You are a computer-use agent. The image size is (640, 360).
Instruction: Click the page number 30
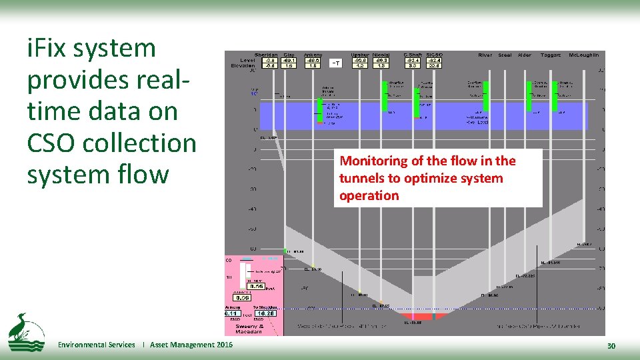tap(611, 345)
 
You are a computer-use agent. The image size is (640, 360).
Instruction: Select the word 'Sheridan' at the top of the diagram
tap(267, 55)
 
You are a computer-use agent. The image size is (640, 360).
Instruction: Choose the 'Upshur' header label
tap(359, 55)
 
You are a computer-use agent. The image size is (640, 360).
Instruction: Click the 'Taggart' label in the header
tap(551, 55)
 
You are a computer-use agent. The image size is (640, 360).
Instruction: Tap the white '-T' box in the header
tap(337, 63)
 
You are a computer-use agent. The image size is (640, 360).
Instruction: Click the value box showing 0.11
tap(232, 313)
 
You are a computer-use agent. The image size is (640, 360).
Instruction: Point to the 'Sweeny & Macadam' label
tap(248, 328)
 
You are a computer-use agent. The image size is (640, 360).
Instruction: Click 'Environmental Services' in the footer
tap(96, 345)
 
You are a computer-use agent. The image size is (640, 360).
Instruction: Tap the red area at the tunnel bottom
tap(413, 316)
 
